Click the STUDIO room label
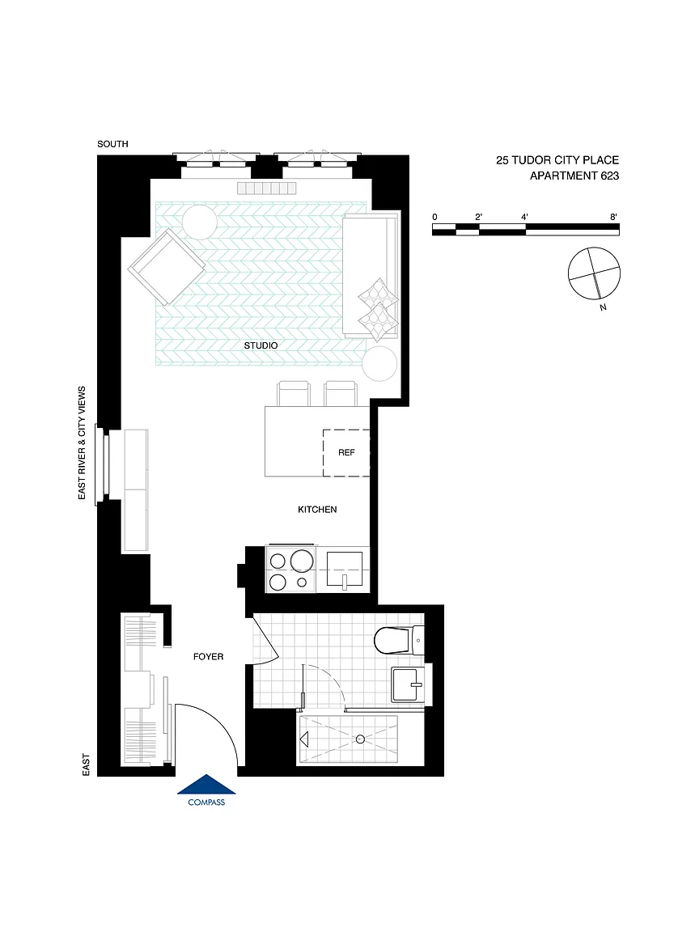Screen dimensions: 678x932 (x=261, y=345)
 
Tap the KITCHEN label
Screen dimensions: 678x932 (x=317, y=510)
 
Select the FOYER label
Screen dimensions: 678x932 (x=209, y=657)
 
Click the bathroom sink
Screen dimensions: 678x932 (x=408, y=684)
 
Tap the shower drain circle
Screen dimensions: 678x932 (x=360, y=739)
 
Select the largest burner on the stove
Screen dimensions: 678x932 (x=302, y=561)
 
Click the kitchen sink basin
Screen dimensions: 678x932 (x=344, y=569)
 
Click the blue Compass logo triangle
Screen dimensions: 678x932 (x=206, y=785)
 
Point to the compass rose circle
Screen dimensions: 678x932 (x=594, y=273)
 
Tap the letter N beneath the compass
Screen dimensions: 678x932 (x=604, y=307)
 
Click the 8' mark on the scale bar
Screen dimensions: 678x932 (x=614, y=217)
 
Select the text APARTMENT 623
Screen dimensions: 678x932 (x=574, y=176)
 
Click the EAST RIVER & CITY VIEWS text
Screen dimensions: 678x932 (x=82, y=443)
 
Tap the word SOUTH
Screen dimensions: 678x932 (x=113, y=144)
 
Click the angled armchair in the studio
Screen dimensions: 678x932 (x=167, y=268)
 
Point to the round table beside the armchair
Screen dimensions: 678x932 (x=200, y=222)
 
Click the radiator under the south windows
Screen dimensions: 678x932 (x=266, y=188)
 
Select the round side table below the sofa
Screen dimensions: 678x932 (x=379, y=364)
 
